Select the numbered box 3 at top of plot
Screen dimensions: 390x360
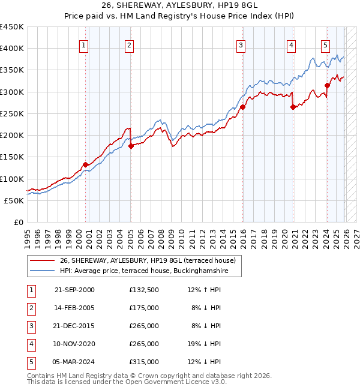[241, 44]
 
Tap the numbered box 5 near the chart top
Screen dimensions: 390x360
[325, 44]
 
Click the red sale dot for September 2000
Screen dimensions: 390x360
[85, 164]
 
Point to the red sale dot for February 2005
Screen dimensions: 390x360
[131, 146]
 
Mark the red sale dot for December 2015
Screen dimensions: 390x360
[243, 107]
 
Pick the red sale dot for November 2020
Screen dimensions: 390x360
[293, 107]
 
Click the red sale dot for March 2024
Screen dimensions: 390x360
[327, 85]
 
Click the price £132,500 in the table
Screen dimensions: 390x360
[143, 290]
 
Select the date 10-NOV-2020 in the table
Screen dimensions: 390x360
[74, 344]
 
